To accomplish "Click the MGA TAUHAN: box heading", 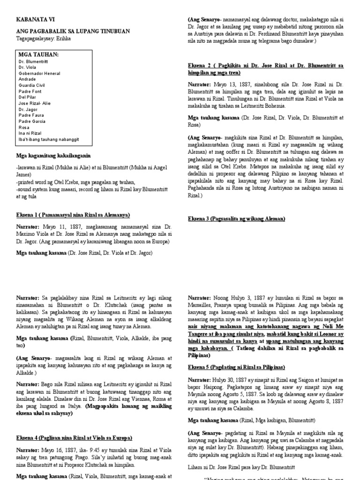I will [38, 55].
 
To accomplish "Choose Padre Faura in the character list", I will [31, 115].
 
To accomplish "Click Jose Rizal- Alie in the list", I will [35, 103].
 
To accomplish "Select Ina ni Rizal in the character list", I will [30, 133].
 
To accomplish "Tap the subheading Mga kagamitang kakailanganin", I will [53, 156].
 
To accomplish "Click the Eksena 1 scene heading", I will [72, 215].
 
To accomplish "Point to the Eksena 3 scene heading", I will [237, 219].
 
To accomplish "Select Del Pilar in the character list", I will [27, 97].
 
